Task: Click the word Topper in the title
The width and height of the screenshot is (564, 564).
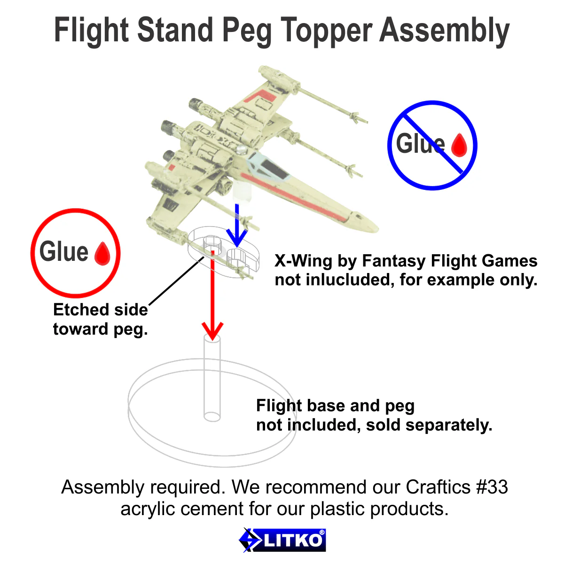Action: (x=328, y=31)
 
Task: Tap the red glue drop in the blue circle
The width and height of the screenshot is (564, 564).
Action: (x=459, y=145)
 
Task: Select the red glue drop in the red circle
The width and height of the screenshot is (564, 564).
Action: (x=102, y=254)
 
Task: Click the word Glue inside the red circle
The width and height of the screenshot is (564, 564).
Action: (x=64, y=251)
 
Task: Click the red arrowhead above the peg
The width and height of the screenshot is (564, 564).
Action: (x=212, y=331)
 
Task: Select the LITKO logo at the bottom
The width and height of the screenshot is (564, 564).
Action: (x=282, y=540)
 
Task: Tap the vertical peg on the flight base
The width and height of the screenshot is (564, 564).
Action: (x=212, y=376)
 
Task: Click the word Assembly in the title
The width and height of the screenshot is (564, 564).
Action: (x=444, y=31)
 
